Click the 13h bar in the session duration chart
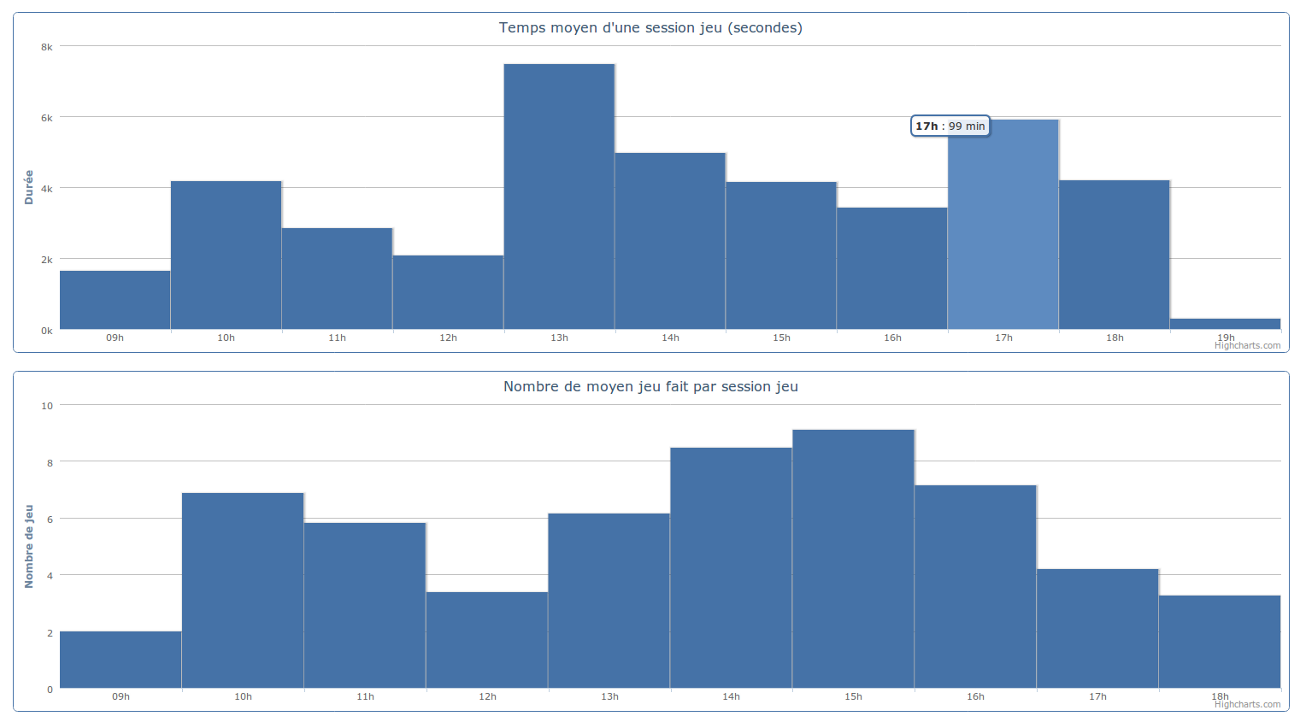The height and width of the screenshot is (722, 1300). [559, 197]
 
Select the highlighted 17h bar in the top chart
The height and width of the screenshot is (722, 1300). [1003, 231]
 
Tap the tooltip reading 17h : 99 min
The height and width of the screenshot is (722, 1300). [950, 126]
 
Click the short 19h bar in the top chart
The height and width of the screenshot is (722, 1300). [1225, 324]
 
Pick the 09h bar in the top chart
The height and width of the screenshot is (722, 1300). [115, 300]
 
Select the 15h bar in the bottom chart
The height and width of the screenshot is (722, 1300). [853, 559]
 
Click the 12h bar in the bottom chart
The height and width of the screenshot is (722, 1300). [487, 640]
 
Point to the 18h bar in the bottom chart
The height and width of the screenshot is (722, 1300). [1220, 642]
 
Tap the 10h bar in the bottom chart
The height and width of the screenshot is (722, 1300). [243, 590]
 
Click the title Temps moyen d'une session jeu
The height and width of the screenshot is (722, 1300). [650, 28]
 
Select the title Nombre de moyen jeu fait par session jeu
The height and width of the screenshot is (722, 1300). [650, 387]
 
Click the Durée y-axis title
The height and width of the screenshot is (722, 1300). [29, 187]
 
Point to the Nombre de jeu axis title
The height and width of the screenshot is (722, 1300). [29, 546]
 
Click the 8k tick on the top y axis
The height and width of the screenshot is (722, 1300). [47, 48]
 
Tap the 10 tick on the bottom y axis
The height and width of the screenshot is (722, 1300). [47, 406]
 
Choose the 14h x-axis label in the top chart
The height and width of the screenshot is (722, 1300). [670, 338]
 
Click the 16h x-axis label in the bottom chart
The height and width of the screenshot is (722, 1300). [975, 697]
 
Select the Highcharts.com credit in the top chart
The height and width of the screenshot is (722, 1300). [1247, 346]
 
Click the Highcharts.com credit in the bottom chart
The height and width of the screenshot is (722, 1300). [1247, 705]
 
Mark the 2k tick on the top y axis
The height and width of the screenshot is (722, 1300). [47, 260]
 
